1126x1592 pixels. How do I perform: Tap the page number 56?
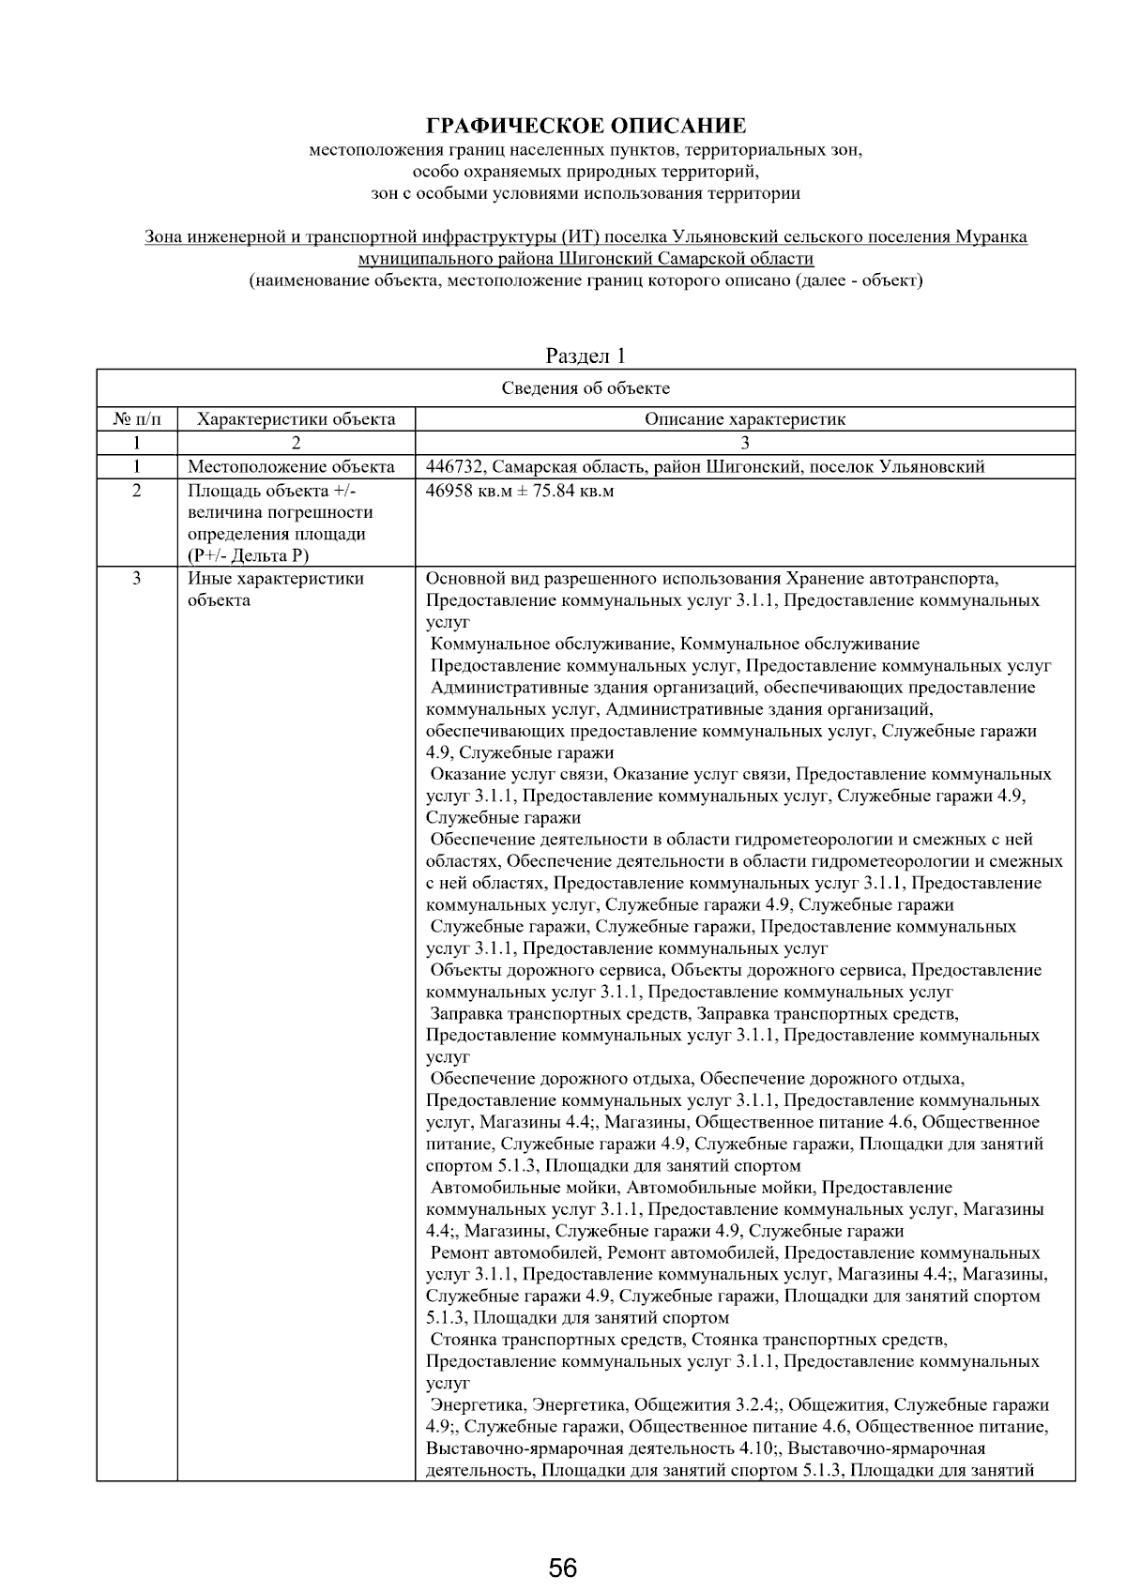(563, 1568)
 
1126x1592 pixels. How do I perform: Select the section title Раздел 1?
(586, 356)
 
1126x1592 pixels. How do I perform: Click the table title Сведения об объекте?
(586, 388)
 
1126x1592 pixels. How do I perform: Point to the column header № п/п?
(137, 419)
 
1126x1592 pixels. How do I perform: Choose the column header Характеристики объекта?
(297, 419)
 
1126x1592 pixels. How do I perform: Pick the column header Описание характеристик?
(744, 419)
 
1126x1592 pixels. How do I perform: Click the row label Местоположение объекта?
(291, 467)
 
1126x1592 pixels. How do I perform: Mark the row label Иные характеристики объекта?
(276, 590)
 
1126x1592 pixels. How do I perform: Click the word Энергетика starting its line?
(478, 1405)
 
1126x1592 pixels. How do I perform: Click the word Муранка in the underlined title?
(993, 237)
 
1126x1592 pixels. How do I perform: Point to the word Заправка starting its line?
(466, 1014)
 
